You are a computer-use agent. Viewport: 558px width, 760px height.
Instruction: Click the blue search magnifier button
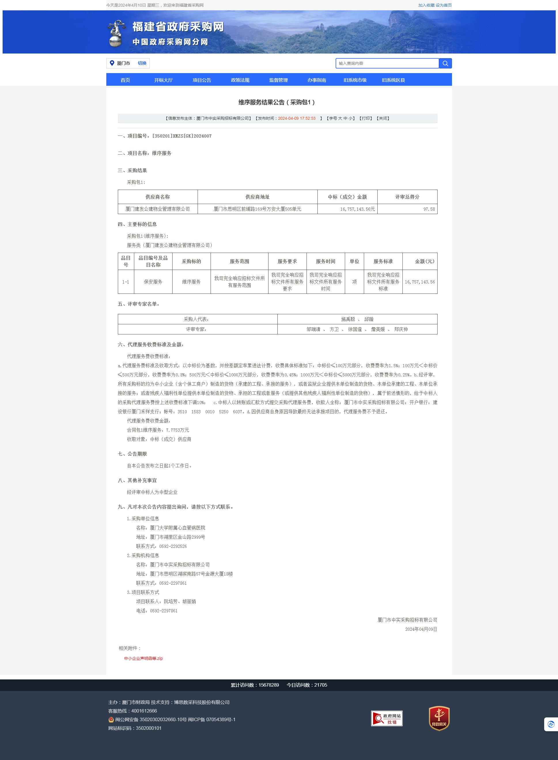click(445, 63)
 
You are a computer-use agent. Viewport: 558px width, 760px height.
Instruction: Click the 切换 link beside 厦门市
click(142, 63)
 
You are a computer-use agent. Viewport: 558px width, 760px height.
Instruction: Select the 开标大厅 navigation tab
click(163, 80)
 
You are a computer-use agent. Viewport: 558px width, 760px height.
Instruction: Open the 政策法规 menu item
click(240, 80)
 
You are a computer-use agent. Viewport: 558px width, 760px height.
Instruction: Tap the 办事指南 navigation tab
click(317, 80)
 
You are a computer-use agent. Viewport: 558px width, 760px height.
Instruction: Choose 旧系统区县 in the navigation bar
click(393, 80)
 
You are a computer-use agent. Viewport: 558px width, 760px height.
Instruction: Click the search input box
click(387, 63)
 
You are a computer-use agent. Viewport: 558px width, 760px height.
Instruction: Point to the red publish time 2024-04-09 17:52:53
click(296, 118)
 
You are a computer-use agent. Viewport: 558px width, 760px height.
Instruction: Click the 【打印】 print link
click(366, 118)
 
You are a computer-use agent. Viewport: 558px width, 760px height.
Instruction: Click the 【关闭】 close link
click(383, 118)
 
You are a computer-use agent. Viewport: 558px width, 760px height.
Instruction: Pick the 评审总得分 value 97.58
click(429, 209)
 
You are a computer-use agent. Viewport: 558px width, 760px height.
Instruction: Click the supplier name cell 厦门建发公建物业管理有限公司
click(158, 209)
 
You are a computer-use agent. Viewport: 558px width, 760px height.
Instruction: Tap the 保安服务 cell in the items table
click(153, 282)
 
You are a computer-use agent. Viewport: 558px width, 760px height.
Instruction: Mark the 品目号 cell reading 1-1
click(126, 282)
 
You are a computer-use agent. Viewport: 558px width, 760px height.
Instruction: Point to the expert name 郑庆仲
click(401, 329)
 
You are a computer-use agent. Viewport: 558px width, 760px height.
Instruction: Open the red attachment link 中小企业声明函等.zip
click(143, 658)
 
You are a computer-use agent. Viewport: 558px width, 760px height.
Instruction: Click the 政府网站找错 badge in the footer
click(387, 719)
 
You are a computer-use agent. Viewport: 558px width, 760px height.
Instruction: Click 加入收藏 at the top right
click(426, 5)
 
